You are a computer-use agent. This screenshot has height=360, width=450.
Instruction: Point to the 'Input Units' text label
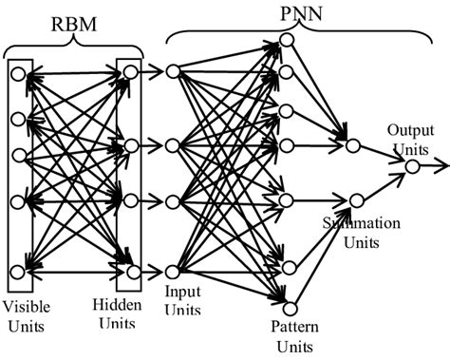pyautogui.click(x=183, y=300)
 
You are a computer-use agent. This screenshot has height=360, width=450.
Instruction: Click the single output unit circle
pyautogui.click(x=412, y=166)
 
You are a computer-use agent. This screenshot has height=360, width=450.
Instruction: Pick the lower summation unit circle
pyautogui.click(x=356, y=200)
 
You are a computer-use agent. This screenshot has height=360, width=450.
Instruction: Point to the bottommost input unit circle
pyautogui.click(x=171, y=273)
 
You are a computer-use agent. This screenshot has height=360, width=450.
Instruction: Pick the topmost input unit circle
pyautogui.click(x=171, y=71)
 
